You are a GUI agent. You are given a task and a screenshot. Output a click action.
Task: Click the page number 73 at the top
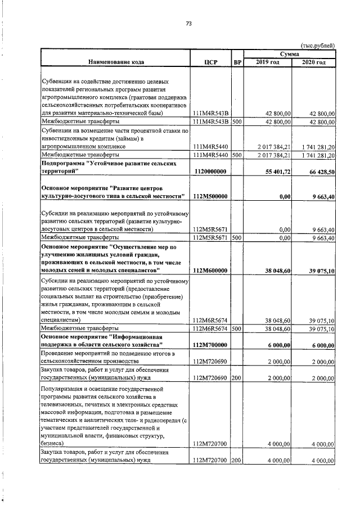[x=189, y=24]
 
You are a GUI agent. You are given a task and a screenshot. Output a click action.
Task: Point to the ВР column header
[x=237, y=62]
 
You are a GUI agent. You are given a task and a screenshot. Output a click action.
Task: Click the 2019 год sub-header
[x=267, y=62]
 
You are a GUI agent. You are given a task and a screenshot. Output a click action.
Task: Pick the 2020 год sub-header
[x=313, y=62]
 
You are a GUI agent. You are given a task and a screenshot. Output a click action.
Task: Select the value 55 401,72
[x=276, y=171]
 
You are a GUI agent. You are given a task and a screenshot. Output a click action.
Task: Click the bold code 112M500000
[x=209, y=196]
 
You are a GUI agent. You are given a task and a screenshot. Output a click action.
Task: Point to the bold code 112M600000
[x=209, y=271]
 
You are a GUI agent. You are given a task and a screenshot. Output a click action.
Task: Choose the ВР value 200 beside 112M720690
[x=237, y=378]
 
